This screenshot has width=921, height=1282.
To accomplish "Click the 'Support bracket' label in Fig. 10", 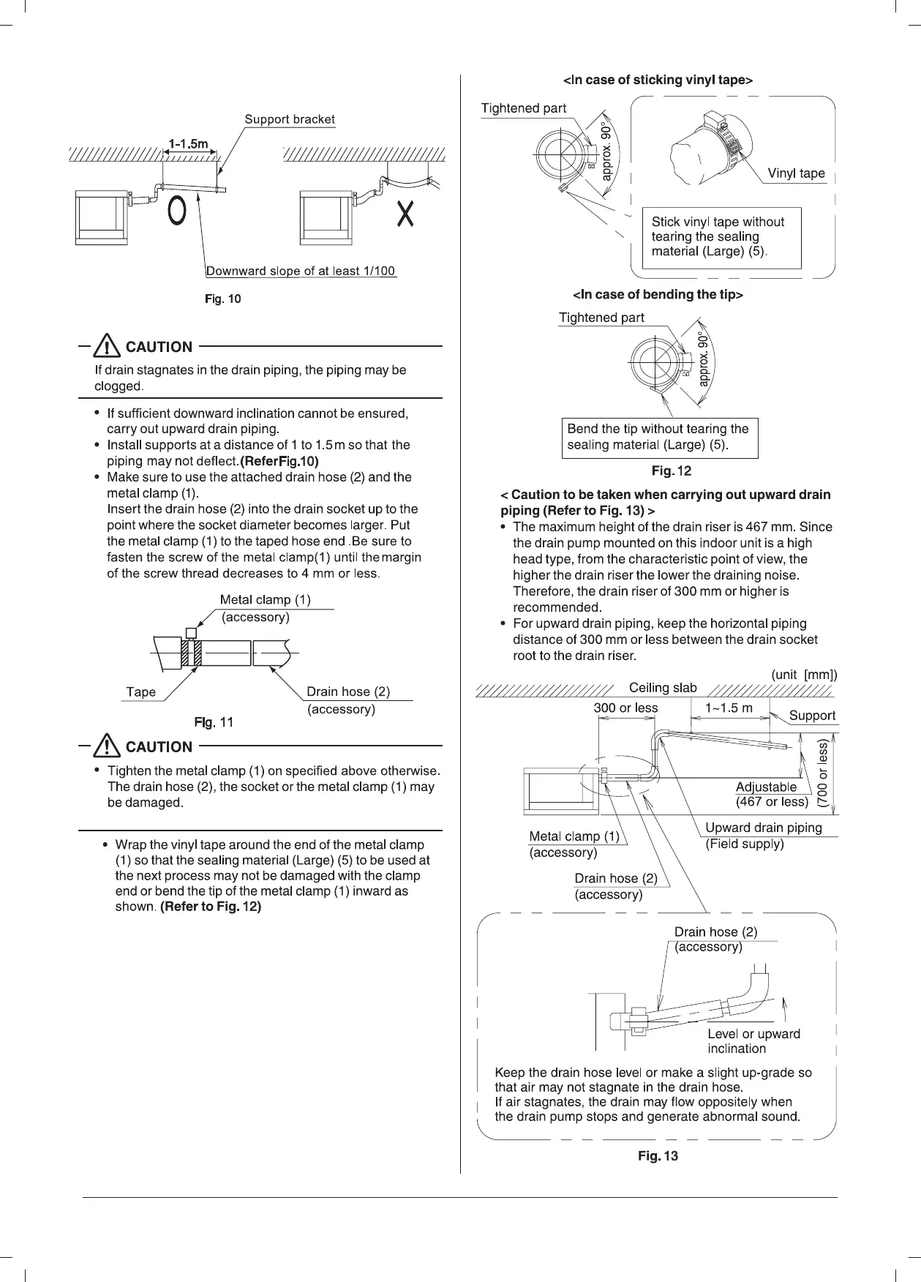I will [290, 119].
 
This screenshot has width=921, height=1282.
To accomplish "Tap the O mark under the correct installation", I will [176, 211].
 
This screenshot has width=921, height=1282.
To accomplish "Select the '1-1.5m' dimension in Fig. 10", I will [189, 144].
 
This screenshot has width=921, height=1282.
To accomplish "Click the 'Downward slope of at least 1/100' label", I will [301, 271].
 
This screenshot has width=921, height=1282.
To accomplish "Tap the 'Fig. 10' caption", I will [222, 299].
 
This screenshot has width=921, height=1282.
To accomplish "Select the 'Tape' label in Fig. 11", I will [140, 692].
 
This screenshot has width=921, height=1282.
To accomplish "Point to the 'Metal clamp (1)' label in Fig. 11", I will [266, 600].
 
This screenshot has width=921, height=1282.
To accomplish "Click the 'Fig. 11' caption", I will [214, 723].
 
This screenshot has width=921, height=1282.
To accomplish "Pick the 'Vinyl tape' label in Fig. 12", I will [796, 173].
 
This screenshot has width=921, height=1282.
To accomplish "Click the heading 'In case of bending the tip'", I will [658, 295].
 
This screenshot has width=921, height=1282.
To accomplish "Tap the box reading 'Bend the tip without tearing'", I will [659, 438].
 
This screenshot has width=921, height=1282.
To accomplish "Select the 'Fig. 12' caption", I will [671, 471].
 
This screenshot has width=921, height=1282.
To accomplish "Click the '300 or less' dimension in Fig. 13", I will [625, 708].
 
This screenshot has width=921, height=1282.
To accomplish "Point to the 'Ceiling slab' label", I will [663, 688].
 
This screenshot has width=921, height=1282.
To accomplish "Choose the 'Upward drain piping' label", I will [763, 828].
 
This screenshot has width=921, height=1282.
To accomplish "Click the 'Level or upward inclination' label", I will [753, 1041].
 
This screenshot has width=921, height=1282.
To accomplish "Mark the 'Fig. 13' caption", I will [658, 1156].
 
